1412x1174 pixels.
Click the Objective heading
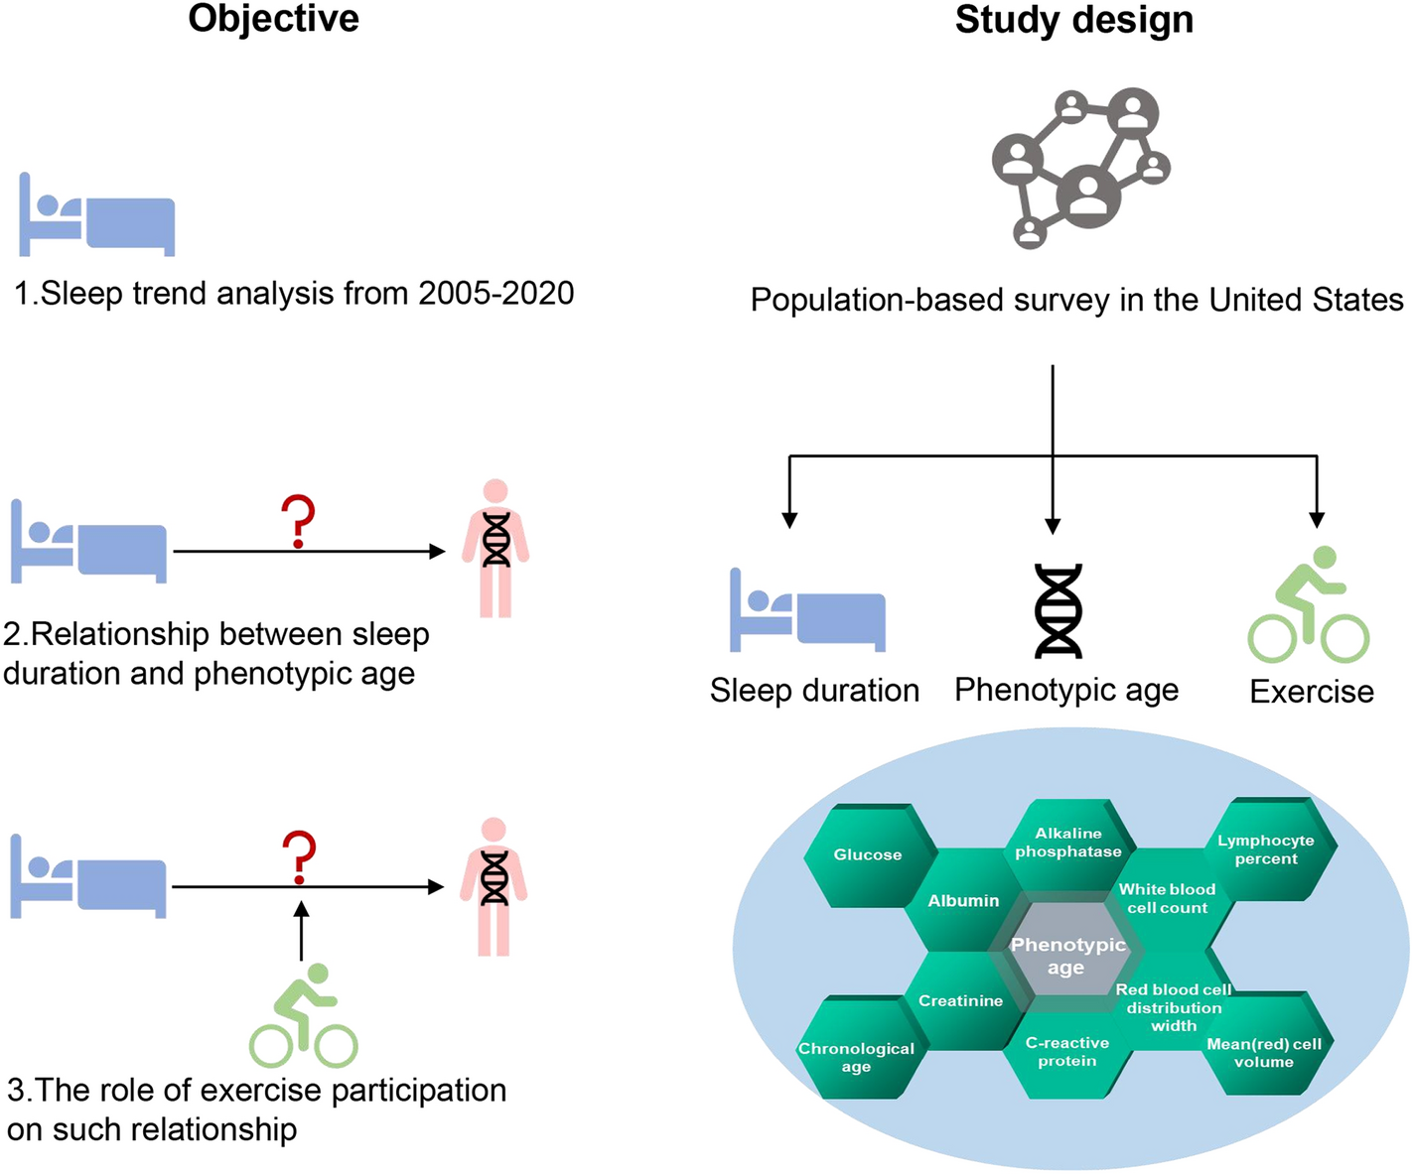[273, 19]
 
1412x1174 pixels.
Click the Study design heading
[1073, 20]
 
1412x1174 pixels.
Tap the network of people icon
[1080, 167]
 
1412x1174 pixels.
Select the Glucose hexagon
[868, 854]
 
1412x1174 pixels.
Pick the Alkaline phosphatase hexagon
[1068, 843]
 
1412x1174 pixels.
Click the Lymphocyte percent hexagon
[1266, 849]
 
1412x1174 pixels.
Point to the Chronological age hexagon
[856, 1056]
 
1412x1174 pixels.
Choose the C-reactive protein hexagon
[1067, 1052]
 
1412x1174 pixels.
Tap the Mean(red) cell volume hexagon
[1264, 1052]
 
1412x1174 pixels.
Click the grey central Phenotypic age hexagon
[1067, 955]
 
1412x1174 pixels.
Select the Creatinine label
[960, 1000]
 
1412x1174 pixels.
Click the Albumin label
[963, 901]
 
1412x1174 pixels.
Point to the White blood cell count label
[1167, 898]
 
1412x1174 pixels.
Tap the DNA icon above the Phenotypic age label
[1059, 610]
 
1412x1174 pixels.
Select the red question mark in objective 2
[298, 522]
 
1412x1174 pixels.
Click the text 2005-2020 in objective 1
[496, 293]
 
